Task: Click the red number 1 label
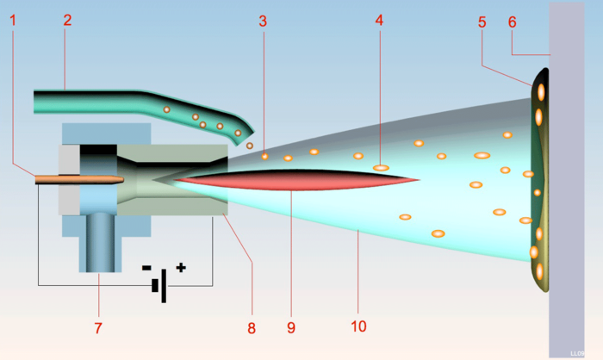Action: point(13,21)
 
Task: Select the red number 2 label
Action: point(67,20)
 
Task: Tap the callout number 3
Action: point(263,22)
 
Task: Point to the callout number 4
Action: point(379,21)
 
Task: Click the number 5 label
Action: point(482,22)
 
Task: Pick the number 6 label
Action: point(513,22)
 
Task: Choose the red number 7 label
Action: point(98,328)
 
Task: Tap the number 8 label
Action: point(252,328)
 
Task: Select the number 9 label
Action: point(291,327)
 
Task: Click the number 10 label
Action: point(358,326)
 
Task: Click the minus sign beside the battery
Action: point(146,268)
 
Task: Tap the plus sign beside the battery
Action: point(181,267)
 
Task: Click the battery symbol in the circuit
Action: point(159,286)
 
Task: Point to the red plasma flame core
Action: point(296,180)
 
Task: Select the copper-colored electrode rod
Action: point(79,180)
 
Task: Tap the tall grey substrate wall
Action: point(567,180)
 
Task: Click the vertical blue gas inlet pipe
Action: point(100,242)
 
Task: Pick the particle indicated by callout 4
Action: point(381,168)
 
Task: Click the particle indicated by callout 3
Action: point(264,156)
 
